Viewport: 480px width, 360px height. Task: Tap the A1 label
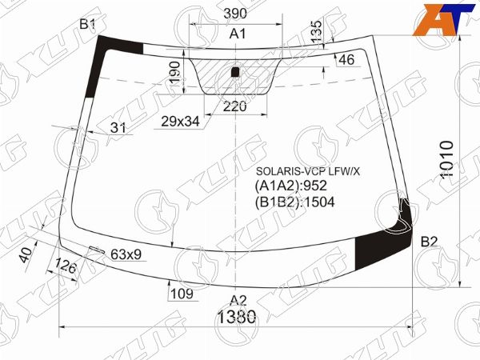coord(238,34)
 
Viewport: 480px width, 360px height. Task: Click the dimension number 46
coord(346,60)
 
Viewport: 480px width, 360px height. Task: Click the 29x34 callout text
coord(180,122)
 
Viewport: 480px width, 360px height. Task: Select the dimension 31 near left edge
coord(118,127)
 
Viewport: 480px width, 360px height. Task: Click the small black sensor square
coord(235,73)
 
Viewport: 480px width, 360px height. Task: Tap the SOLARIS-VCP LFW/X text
coord(308,171)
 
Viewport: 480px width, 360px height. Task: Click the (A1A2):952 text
coord(291,186)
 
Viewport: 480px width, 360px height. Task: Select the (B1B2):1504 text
coord(294,202)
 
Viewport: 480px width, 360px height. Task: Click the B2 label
coord(430,242)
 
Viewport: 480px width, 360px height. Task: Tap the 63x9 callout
coord(126,255)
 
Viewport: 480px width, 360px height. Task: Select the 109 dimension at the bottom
coord(182,294)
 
